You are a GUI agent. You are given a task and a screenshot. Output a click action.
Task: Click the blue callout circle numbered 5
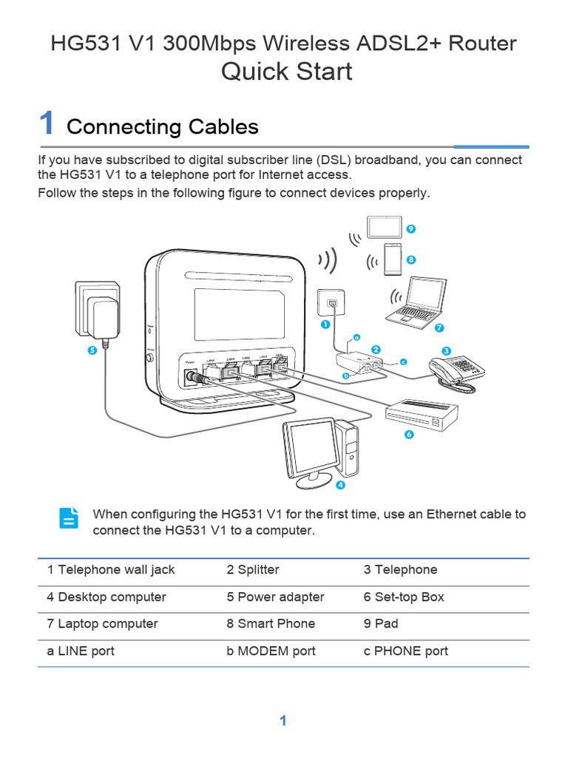click(x=92, y=350)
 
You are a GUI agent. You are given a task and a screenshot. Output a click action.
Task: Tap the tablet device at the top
click(x=385, y=227)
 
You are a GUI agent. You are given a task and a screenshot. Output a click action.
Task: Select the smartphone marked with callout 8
click(x=393, y=257)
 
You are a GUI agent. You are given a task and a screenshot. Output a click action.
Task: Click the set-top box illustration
click(x=422, y=414)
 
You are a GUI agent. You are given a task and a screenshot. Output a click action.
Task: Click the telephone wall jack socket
click(x=331, y=304)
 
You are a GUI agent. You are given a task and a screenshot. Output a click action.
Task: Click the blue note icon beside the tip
click(x=69, y=518)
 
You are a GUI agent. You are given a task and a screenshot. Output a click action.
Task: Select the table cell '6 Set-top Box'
click(x=404, y=597)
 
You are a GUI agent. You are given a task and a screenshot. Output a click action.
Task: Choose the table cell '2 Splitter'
click(x=253, y=570)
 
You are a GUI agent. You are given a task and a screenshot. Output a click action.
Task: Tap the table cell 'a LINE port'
click(x=81, y=651)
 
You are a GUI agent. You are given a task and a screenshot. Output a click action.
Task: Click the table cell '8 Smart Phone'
click(x=271, y=624)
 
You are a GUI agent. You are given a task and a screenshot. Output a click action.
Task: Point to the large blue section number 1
click(x=47, y=123)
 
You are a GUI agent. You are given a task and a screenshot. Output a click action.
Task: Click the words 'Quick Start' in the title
click(x=287, y=72)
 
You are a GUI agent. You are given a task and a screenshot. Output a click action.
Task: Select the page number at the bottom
click(x=283, y=721)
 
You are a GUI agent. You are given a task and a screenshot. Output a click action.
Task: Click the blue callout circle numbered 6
click(x=408, y=435)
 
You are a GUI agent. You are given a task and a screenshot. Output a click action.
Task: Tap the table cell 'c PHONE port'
click(x=405, y=651)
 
